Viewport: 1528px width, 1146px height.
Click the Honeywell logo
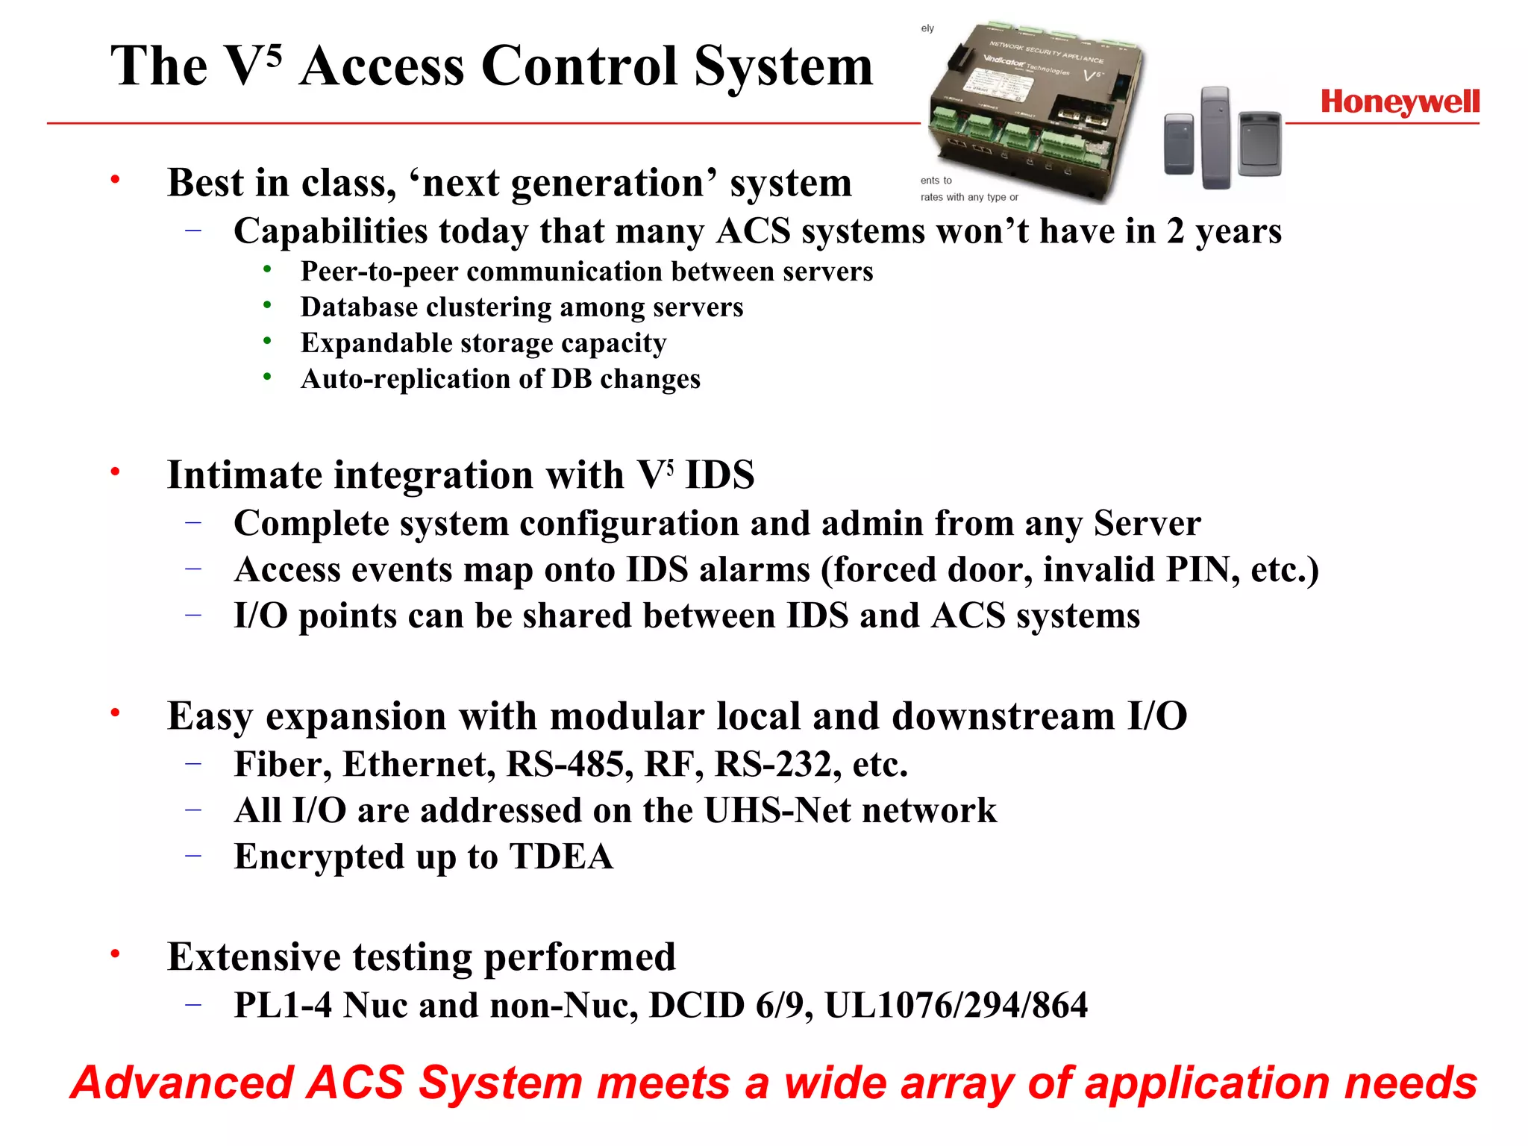(1400, 102)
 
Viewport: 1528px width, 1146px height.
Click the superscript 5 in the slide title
(273, 55)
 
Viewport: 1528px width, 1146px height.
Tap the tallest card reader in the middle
(1215, 137)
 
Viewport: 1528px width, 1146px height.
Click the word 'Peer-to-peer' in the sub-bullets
(379, 272)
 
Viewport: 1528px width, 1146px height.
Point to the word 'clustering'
(488, 307)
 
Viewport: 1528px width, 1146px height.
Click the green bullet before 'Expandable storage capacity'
(267, 341)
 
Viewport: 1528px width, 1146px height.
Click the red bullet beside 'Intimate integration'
(115, 472)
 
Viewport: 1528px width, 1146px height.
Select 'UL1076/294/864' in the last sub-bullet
(956, 1006)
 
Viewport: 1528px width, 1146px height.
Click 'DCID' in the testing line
(697, 1006)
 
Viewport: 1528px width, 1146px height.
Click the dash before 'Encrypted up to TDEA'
(193, 856)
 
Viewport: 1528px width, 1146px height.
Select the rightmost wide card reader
(1259, 144)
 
